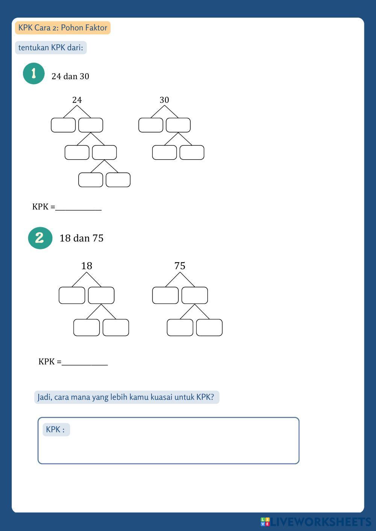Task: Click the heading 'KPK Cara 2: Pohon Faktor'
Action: click(x=62, y=28)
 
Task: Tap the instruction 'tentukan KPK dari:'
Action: click(x=51, y=48)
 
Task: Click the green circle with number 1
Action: click(x=34, y=74)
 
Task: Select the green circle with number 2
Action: click(x=40, y=238)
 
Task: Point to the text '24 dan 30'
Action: click(x=70, y=76)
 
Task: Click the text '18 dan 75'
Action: click(x=81, y=238)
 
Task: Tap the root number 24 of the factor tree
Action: click(x=77, y=100)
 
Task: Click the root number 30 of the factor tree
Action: click(x=164, y=100)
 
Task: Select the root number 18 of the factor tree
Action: click(x=86, y=266)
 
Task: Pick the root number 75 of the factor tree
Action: click(x=180, y=266)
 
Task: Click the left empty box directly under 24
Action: click(x=63, y=125)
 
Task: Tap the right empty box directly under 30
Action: click(x=178, y=125)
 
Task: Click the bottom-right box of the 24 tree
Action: click(x=118, y=180)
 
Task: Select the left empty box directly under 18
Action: click(x=72, y=295)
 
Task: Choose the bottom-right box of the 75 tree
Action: click(x=209, y=327)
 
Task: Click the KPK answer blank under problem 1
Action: click(x=78, y=207)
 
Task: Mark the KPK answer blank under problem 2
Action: click(x=85, y=362)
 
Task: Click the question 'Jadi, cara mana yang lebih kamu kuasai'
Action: click(x=126, y=397)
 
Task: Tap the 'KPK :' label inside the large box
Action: click(x=56, y=430)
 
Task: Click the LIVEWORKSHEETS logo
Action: click(x=316, y=522)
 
